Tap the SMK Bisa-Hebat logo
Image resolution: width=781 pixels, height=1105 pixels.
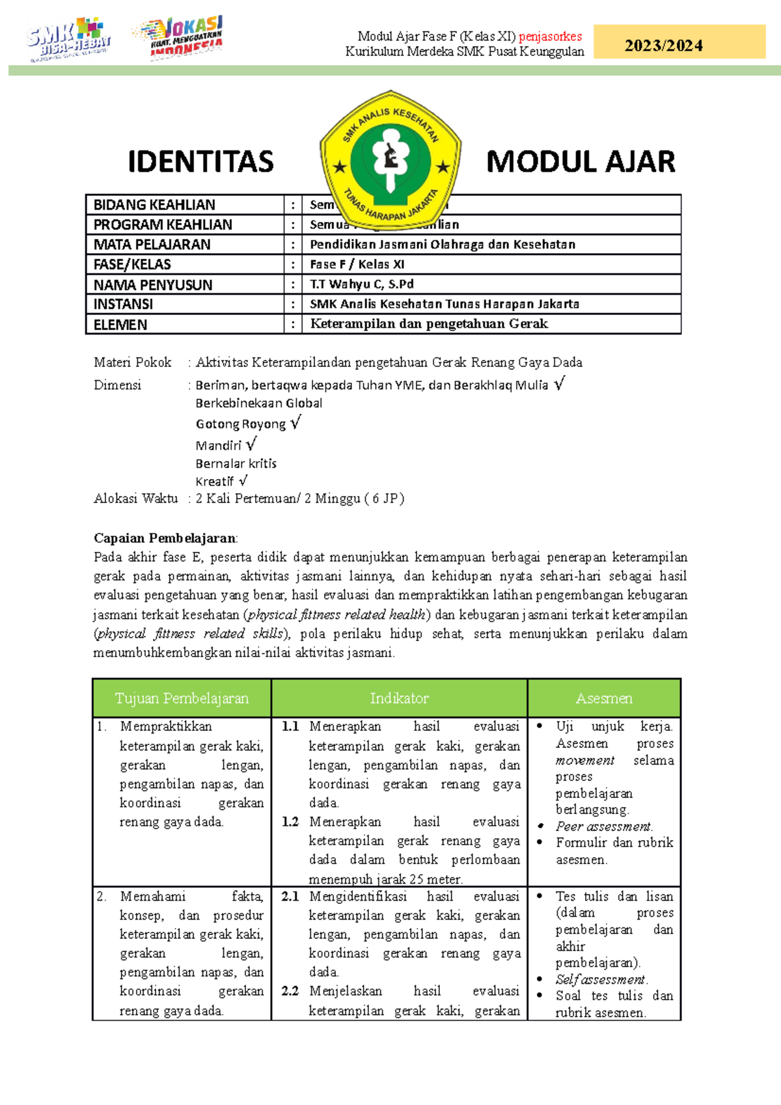(68, 39)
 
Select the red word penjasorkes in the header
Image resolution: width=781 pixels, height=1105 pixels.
(550, 36)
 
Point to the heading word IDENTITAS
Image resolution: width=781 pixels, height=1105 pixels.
(200, 162)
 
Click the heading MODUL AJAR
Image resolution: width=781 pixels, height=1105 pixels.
(581, 162)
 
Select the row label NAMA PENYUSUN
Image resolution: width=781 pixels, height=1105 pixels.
(153, 285)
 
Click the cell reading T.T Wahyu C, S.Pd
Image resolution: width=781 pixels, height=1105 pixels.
(362, 284)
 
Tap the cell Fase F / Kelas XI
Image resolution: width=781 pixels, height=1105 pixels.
(357, 265)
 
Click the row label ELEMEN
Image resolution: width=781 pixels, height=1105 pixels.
(120, 325)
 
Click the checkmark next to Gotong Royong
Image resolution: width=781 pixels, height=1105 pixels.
(295, 423)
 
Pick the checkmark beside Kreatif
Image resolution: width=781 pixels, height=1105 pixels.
(243, 481)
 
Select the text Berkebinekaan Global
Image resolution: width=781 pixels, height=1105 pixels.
(259, 403)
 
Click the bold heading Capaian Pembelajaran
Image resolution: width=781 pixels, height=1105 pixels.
(165, 538)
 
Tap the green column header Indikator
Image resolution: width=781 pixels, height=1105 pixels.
(399, 698)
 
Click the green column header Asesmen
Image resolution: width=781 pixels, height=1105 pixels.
(604, 698)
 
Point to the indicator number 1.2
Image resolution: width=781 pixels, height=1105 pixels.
(290, 822)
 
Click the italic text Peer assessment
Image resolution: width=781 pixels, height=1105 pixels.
(603, 826)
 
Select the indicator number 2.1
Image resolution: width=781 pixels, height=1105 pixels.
(290, 897)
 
